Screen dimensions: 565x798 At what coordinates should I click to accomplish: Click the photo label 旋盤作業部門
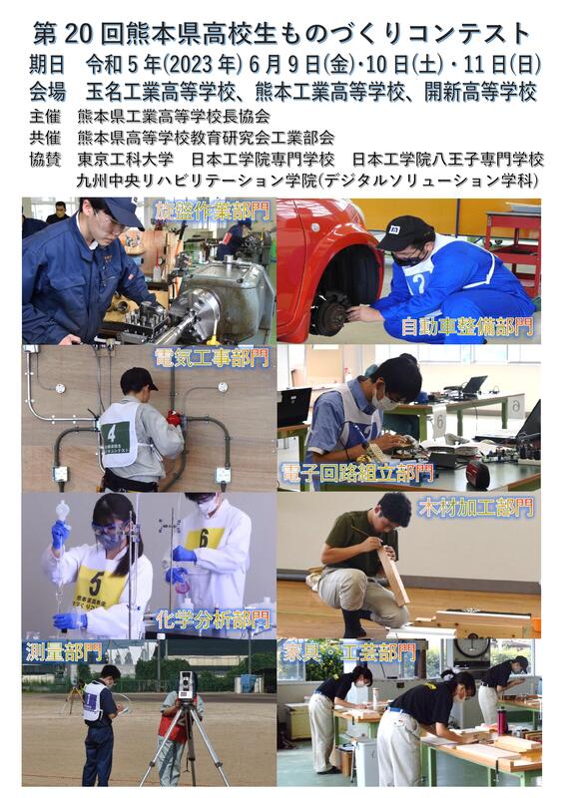pos(212,210)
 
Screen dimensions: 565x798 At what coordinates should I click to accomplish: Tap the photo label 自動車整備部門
pos(466,326)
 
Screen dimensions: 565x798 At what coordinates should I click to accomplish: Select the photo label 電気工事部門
pos(212,358)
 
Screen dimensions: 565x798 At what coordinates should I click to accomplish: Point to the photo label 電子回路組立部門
pos(356,473)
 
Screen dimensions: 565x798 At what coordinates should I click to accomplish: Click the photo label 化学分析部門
pos(213,619)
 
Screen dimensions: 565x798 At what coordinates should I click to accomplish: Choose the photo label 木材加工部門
pos(476,508)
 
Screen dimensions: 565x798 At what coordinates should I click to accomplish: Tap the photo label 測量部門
pos(64,653)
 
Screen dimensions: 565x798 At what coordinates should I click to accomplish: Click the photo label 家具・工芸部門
pos(348,653)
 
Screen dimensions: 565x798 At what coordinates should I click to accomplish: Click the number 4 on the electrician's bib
pos(111,434)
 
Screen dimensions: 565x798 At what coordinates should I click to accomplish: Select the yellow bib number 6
pos(204,539)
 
